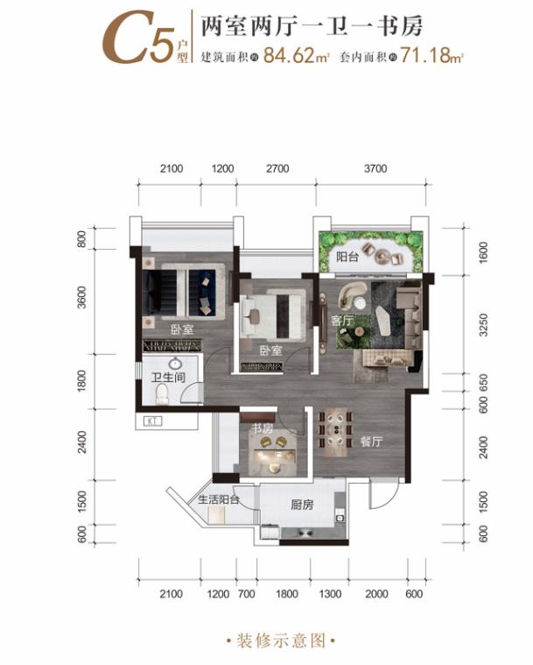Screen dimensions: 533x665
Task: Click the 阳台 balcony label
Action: coord(347,257)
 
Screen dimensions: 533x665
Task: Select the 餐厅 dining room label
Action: coord(371,442)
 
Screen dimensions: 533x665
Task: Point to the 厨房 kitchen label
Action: coord(302,506)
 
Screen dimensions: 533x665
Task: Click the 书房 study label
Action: coord(263,428)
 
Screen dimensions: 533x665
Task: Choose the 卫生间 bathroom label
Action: coord(169,377)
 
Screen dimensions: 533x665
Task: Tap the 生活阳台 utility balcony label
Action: coord(219,499)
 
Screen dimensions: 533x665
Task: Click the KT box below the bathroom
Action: coord(153,421)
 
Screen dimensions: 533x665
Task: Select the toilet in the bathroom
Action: coord(162,394)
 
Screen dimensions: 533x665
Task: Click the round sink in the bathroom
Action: coord(174,364)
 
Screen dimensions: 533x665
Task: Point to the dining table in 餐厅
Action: coord(337,428)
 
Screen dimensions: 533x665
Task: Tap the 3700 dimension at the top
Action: coord(375,169)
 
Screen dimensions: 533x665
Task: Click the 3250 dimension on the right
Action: coord(483,325)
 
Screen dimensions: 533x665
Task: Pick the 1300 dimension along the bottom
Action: coord(330,594)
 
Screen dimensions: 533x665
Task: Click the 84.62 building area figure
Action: coord(289,55)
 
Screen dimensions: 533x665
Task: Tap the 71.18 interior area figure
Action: coord(425,55)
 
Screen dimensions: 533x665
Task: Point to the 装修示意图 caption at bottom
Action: coord(281,640)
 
